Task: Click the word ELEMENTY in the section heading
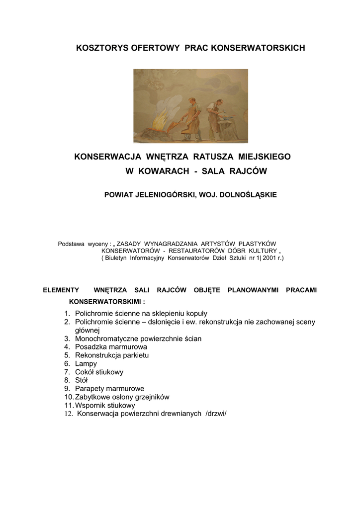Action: (61, 290)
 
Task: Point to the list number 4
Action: (66, 346)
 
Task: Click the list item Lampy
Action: (86, 363)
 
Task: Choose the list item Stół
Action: (81, 380)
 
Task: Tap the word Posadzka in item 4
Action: (90, 346)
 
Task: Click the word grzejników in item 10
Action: (152, 397)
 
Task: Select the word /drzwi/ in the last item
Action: (215, 414)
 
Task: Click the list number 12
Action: (68, 414)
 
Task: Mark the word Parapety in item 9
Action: (90, 389)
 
